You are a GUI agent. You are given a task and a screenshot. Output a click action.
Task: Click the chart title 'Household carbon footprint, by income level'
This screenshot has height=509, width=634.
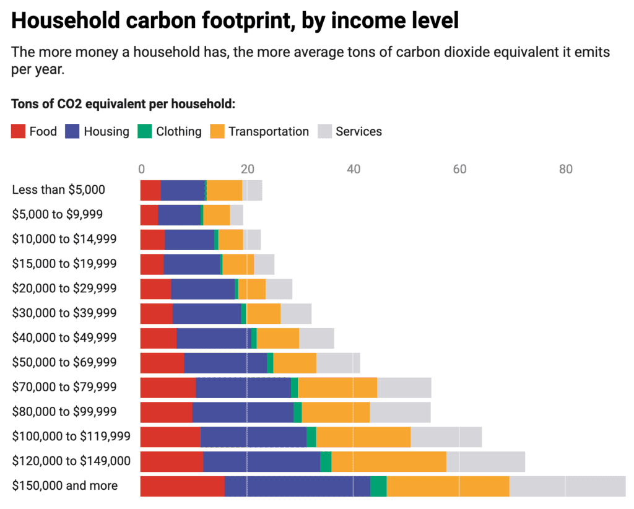click(235, 21)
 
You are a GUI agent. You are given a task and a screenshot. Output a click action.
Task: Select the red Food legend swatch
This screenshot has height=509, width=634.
click(18, 131)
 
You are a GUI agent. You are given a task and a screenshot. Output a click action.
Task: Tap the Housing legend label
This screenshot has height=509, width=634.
click(106, 131)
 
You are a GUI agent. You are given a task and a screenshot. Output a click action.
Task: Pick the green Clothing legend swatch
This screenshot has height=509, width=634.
click(145, 131)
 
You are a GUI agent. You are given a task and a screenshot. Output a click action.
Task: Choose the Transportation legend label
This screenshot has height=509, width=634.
click(268, 131)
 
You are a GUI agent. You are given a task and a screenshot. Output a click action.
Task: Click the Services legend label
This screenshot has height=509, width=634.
click(358, 131)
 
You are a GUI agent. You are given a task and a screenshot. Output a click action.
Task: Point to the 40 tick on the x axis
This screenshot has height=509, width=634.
click(353, 169)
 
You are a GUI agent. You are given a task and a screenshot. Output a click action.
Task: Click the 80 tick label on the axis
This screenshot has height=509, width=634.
click(565, 169)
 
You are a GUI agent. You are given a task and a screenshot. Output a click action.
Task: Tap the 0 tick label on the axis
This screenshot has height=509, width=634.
click(141, 169)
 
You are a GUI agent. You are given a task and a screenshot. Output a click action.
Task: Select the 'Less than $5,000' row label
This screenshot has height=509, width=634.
click(59, 190)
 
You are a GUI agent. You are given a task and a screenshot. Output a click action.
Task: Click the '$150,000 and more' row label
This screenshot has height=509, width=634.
click(65, 486)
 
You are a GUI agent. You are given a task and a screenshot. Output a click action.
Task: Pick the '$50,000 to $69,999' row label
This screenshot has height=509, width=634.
click(64, 363)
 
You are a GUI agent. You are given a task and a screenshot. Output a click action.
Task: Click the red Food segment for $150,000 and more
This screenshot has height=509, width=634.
click(182, 486)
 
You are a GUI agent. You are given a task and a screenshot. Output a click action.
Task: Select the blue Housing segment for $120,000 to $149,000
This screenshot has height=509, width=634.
click(261, 462)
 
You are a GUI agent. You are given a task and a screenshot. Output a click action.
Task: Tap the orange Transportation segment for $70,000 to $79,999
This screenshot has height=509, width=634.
click(337, 388)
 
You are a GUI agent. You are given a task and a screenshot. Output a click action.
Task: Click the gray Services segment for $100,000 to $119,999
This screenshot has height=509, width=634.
click(446, 437)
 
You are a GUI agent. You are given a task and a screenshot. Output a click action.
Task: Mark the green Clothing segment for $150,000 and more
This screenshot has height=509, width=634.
click(378, 486)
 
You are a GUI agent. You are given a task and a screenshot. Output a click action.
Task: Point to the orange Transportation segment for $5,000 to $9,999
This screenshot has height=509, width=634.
click(217, 215)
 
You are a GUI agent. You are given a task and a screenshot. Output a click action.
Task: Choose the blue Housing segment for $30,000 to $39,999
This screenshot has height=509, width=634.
click(206, 314)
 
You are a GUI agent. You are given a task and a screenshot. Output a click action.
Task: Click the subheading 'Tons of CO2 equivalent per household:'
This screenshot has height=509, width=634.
click(123, 104)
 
